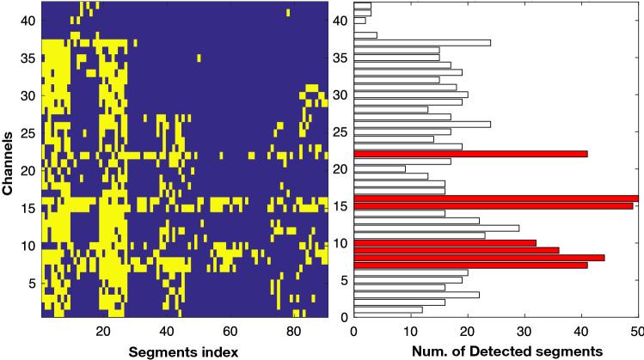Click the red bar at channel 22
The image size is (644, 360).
click(x=470, y=154)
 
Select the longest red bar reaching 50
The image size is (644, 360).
click(x=496, y=198)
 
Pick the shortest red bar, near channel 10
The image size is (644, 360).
click(x=445, y=243)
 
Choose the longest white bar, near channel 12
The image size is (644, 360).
click(x=436, y=228)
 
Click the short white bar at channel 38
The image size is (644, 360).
click(x=365, y=35)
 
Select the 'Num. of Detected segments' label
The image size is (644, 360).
click(x=496, y=351)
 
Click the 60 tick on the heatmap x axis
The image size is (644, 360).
click(x=230, y=331)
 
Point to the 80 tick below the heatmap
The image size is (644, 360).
click(x=293, y=331)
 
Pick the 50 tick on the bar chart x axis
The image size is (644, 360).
click(x=637, y=330)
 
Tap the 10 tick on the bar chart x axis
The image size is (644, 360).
click(x=410, y=330)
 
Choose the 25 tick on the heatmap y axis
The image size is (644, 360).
click(x=29, y=132)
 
